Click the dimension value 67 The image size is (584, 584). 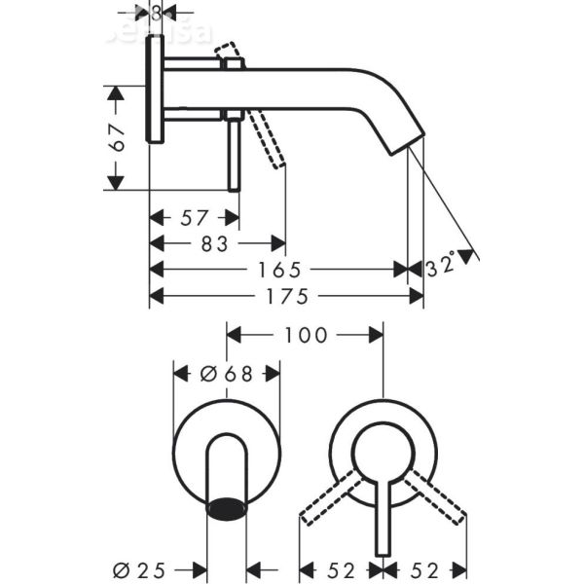point(117,138)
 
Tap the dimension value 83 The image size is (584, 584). point(214,244)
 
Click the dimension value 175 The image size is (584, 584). point(287,294)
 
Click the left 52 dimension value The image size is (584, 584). point(339,568)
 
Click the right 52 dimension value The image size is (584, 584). point(425,568)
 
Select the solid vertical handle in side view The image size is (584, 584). point(235,151)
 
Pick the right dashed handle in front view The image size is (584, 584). point(436,498)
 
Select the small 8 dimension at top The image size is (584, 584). point(156,12)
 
